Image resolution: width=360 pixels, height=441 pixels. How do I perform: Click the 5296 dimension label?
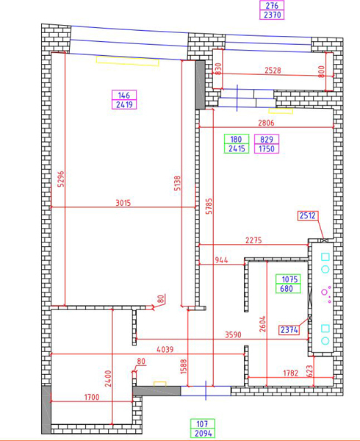pos(61,179)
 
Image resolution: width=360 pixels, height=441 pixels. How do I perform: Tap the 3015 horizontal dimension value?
pos(123,203)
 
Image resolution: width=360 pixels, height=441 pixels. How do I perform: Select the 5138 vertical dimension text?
pos(177,184)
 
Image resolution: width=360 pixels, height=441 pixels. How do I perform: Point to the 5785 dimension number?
pos(209,207)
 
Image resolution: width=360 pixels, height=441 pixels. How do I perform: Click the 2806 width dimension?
pos(266,123)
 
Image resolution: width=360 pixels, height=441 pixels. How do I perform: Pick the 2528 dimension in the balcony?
pos(273,71)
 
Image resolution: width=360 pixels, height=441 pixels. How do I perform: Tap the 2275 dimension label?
pos(253,241)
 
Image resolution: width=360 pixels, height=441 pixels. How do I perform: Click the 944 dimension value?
pos(221,260)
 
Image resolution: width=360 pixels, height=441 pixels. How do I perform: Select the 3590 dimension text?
pos(233,334)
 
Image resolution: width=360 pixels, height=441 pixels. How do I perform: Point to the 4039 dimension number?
pos(165,350)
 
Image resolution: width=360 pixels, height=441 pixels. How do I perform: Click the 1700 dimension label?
pos(92,397)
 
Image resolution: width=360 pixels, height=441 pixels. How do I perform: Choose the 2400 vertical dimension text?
pos(108,379)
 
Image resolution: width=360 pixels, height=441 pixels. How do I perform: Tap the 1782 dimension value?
pos(291,373)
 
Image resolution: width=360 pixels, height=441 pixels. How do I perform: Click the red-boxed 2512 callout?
pos(308,215)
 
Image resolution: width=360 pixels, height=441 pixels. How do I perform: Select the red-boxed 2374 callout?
pos(289,329)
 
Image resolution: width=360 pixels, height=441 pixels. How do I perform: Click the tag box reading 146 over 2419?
pos(124,99)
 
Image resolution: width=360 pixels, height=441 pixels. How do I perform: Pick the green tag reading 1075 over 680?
pos(288,284)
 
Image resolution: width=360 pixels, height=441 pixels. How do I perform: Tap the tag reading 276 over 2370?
pos(272,10)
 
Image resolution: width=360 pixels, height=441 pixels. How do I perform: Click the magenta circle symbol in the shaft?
pos(325,293)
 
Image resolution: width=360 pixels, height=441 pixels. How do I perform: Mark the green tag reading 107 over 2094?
pos(203,429)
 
